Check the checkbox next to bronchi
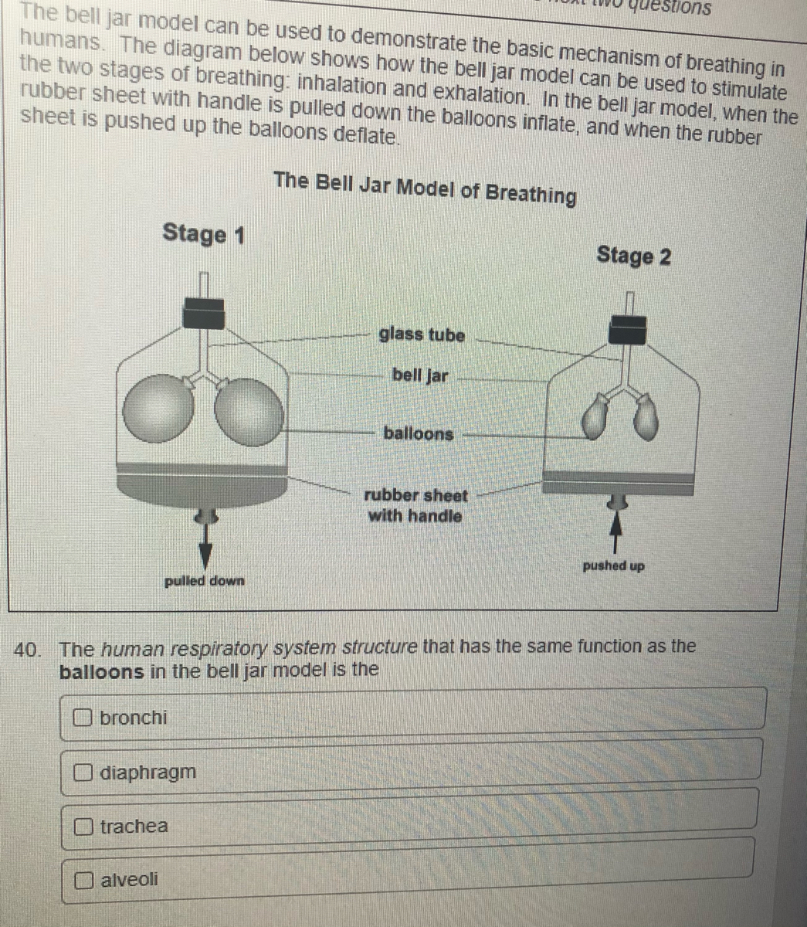(83, 717)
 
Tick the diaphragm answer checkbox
(83, 772)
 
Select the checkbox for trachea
(83, 826)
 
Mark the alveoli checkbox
(83, 880)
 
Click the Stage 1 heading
(203, 235)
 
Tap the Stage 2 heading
(633, 256)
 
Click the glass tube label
(422, 335)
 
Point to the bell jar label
(420, 375)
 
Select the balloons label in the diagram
(419, 433)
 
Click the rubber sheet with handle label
(415, 506)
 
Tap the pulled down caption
(204, 581)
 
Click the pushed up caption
(613, 566)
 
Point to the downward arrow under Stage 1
(205, 546)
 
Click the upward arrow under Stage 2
(615, 534)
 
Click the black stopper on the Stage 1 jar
(203, 314)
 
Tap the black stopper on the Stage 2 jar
(627, 329)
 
